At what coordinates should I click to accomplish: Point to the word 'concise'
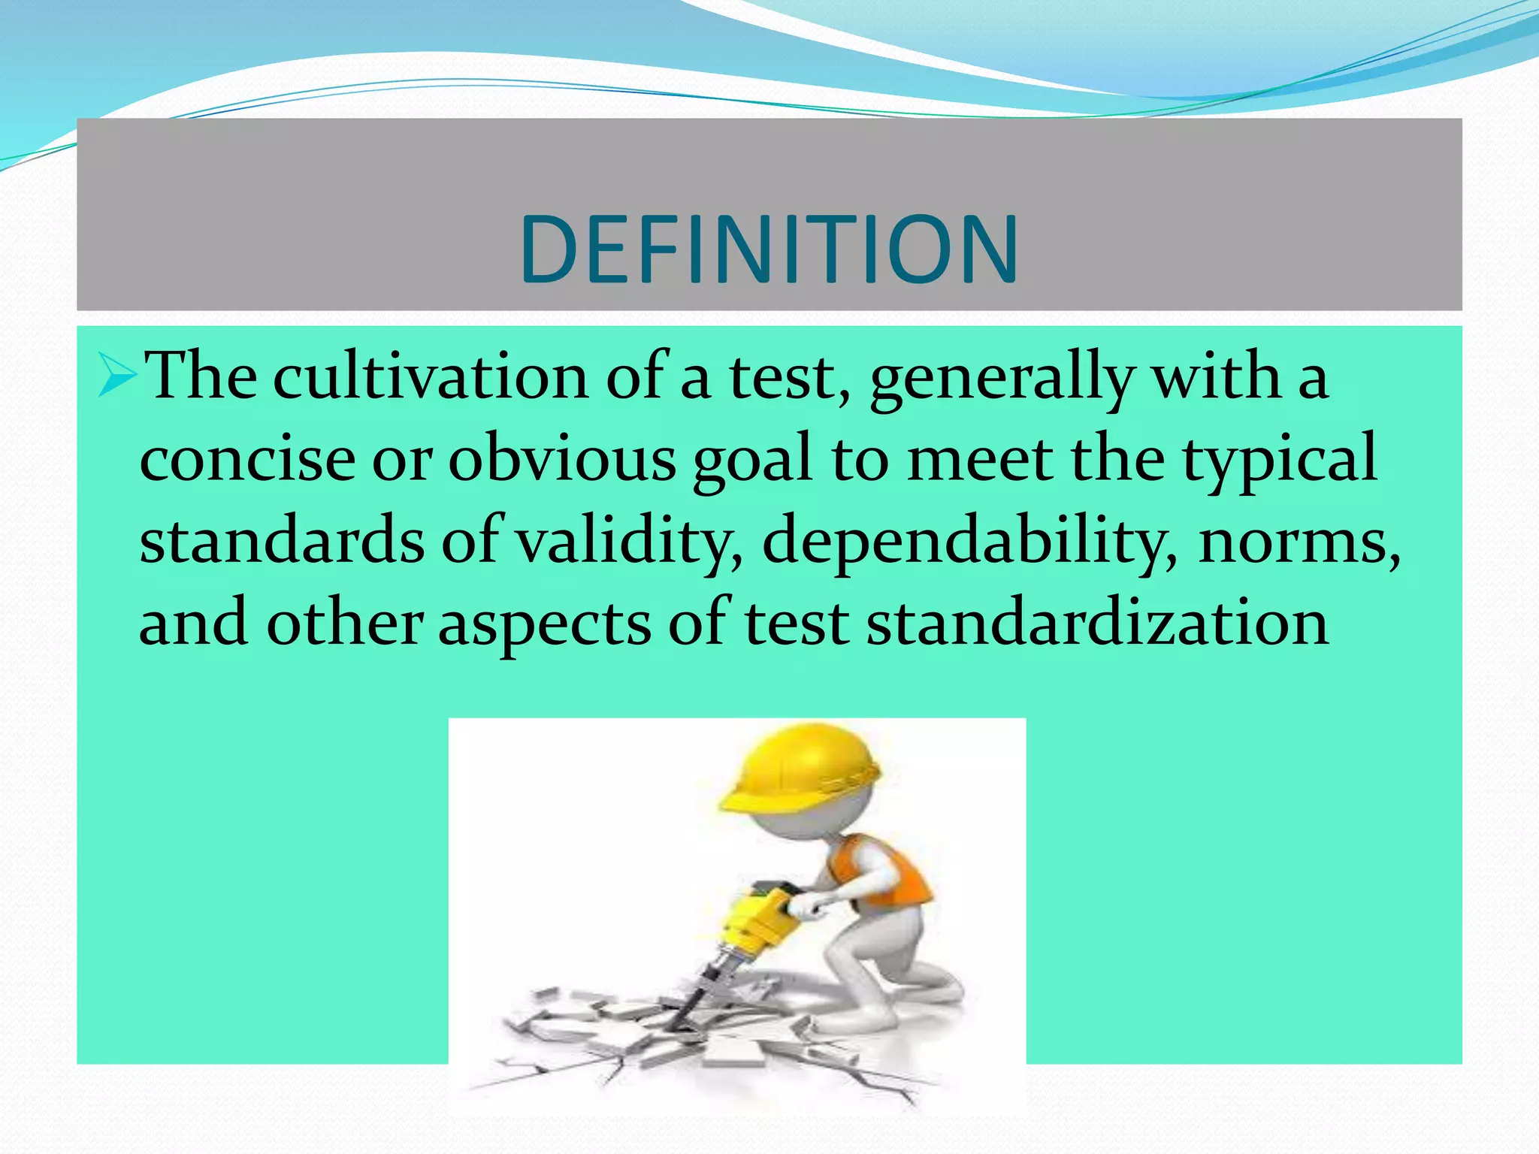tap(247, 460)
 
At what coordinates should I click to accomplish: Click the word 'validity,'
tap(630, 542)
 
